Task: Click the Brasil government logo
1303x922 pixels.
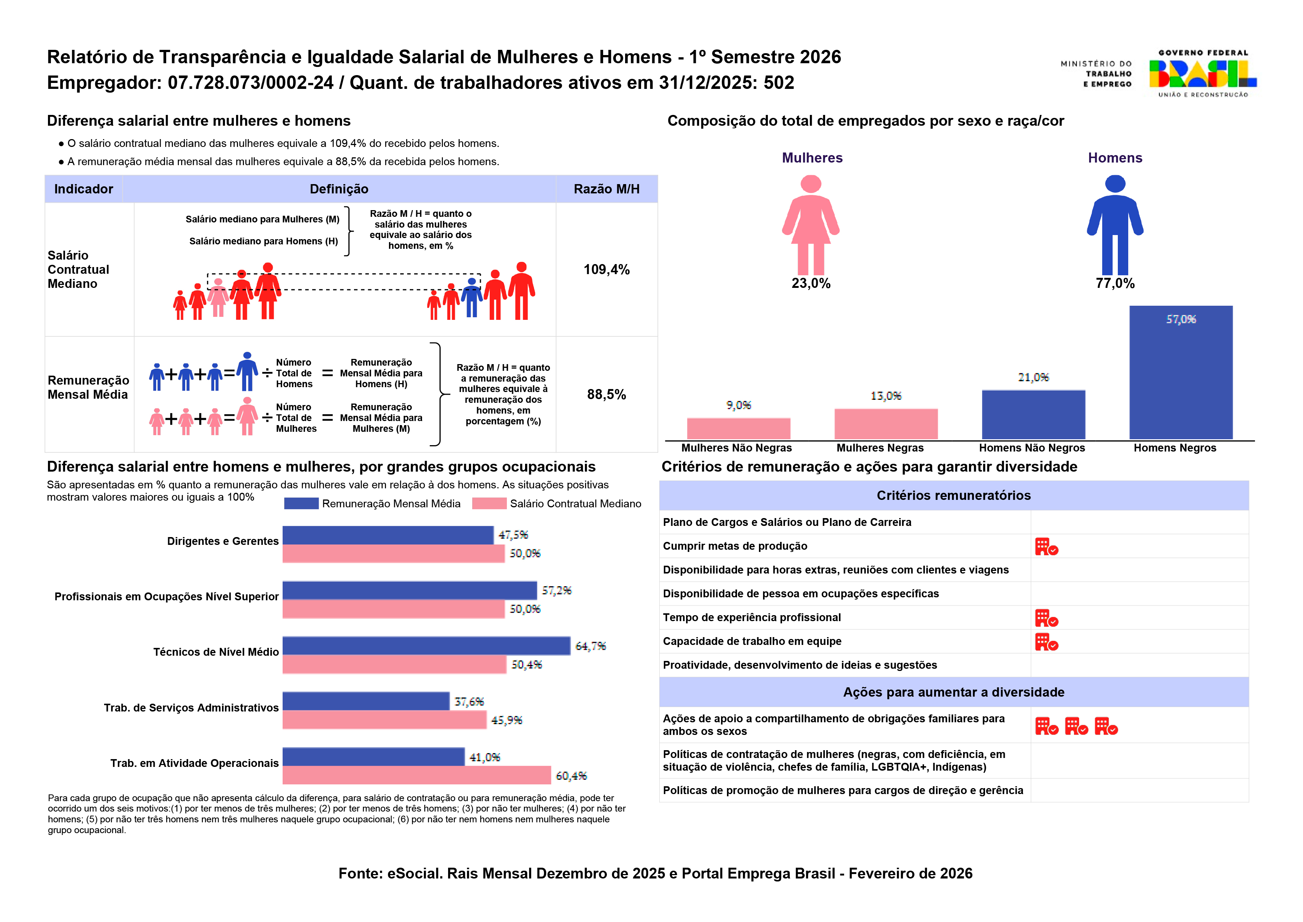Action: coord(1203,74)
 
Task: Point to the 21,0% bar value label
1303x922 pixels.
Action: coord(1033,378)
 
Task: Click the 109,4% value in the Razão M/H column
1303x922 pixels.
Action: coord(606,270)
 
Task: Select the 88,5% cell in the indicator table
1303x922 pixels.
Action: coord(606,395)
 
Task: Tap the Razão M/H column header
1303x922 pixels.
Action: coord(606,189)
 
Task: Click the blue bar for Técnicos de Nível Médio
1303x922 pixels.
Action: coord(426,646)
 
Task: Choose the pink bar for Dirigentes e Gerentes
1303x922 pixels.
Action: coord(393,553)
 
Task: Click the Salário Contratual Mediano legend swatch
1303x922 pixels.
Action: coord(489,504)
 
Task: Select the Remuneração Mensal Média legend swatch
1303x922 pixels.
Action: coord(301,504)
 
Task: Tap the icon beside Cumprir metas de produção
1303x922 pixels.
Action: coord(1046,547)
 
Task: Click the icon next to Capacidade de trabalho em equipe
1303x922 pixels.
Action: coord(1046,642)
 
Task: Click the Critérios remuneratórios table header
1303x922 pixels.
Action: coord(953,496)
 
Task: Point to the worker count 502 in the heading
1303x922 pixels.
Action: coord(779,83)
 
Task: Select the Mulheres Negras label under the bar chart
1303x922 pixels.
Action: coord(880,448)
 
